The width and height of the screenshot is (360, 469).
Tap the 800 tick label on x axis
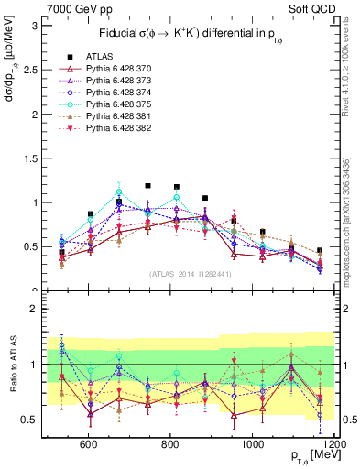coord(169,444)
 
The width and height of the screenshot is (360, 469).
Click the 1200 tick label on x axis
coord(333,444)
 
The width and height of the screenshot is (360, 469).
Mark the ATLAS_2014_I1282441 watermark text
coord(190,274)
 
